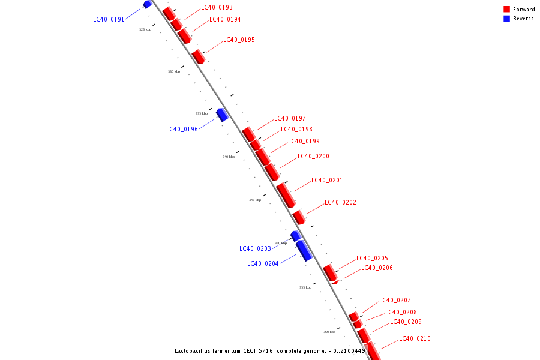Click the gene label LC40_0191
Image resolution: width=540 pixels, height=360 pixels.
(109, 19)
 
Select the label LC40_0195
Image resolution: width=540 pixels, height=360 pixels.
(239, 40)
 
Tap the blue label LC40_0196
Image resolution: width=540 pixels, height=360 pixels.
(182, 129)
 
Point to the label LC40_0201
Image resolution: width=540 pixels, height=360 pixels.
(327, 181)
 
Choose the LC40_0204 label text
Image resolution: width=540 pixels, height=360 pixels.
(263, 263)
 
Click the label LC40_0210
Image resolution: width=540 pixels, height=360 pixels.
(415, 339)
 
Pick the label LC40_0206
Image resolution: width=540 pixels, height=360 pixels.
(377, 268)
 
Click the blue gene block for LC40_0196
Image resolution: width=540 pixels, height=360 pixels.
(223, 114)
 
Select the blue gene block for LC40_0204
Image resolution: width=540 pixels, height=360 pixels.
(304, 250)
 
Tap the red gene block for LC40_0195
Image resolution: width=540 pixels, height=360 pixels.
(198, 56)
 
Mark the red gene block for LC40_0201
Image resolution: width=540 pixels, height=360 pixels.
(286, 194)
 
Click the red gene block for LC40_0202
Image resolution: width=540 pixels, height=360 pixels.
(299, 217)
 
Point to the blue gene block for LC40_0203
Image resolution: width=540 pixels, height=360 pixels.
(295, 235)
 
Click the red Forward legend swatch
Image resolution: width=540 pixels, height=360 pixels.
(507, 10)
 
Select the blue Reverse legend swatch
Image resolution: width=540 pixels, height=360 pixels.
(507, 19)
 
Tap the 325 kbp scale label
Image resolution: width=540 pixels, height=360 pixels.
(145, 29)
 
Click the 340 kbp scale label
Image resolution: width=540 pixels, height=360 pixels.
(229, 157)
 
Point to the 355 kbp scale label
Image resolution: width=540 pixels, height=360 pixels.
(305, 287)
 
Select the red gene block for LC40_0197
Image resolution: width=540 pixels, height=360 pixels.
(248, 134)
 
